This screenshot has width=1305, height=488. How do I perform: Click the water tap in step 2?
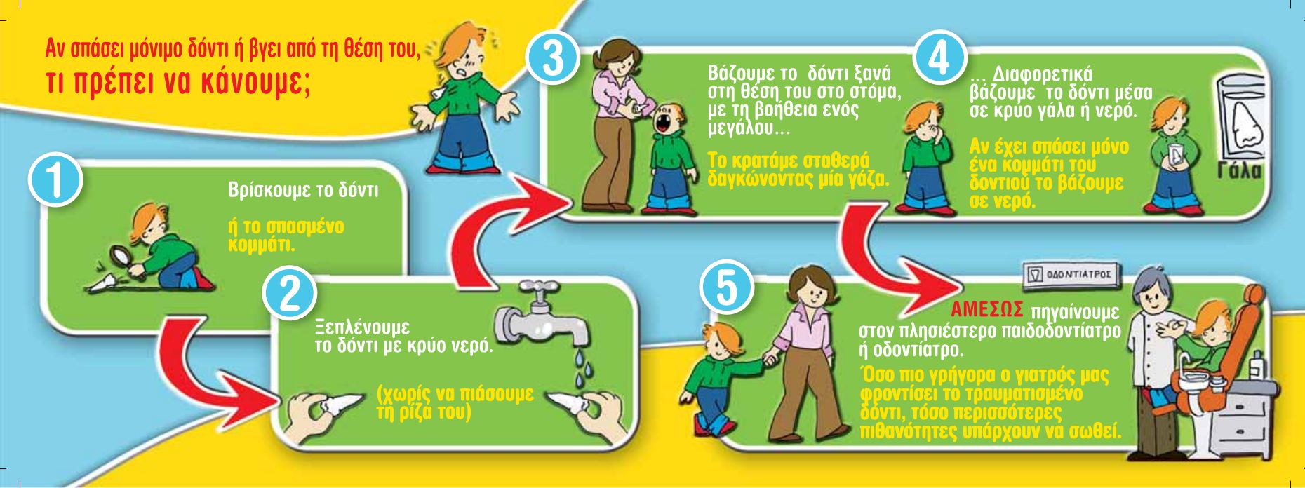click(542, 317)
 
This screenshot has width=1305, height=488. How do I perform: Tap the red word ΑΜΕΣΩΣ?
click(989, 309)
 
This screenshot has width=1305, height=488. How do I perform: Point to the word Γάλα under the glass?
click(1238, 172)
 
